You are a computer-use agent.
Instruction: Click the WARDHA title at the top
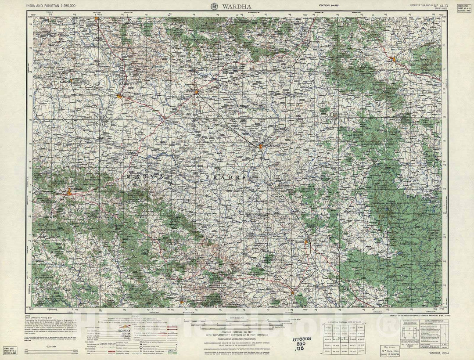[x=237, y=6]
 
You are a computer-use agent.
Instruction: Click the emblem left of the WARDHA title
[x=215, y=6]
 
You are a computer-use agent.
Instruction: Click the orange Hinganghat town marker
[x=261, y=146]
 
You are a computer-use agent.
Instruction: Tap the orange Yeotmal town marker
[x=69, y=192]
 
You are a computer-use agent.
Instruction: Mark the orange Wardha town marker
[x=197, y=92]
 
